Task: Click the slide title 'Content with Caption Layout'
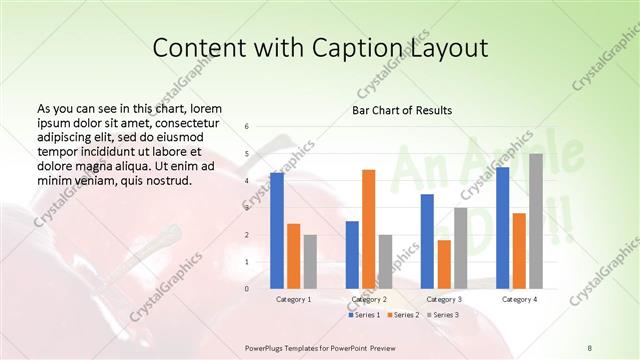coord(320,49)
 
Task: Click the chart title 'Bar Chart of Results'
coord(401,110)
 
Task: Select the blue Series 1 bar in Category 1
coord(277,230)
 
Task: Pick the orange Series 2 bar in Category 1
coord(293,256)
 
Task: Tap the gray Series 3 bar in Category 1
coord(310,261)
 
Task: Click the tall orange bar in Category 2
coord(369,229)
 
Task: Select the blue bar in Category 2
coord(352,254)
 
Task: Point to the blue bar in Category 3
coord(427,241)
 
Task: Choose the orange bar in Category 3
coord(444,264)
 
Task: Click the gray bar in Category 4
coord(536,221)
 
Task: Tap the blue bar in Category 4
coord(502,228)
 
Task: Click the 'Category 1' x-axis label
coord(293,299)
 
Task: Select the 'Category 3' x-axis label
coord(444,299)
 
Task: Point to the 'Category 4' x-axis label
coord(519,299)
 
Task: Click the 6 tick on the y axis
coord(247,127)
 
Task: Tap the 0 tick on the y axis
coord(247,288)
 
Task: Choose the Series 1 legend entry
coord(365,315)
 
